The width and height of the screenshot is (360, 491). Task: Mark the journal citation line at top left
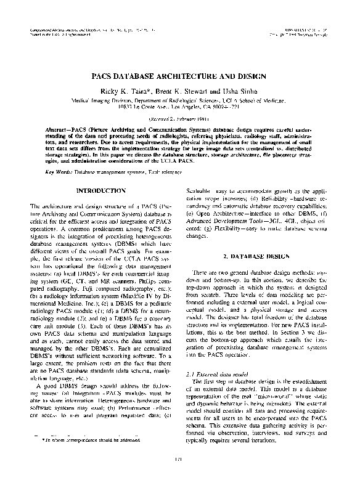(x=86, y=30)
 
